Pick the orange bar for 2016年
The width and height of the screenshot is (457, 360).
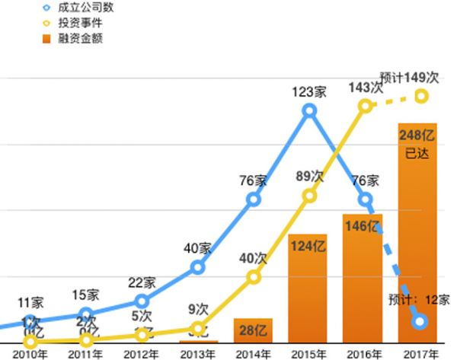(x=363, y=278)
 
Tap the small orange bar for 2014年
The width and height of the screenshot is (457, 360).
(x=253, y=330)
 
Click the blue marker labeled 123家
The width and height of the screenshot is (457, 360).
(x=308, y=111)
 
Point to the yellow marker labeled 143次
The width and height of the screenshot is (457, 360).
(x=365, y=106)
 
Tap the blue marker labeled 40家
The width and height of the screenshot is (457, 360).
(x=197, y=267)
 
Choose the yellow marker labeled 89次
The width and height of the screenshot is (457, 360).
(x=309, y=196)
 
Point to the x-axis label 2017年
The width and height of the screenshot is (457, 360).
(x=421, y=354)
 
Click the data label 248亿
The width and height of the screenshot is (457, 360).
(x=417, y=135)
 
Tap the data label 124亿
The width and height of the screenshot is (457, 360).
(x=308, y=247)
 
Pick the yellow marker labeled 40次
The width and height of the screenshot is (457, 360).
(x=254, y=276)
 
